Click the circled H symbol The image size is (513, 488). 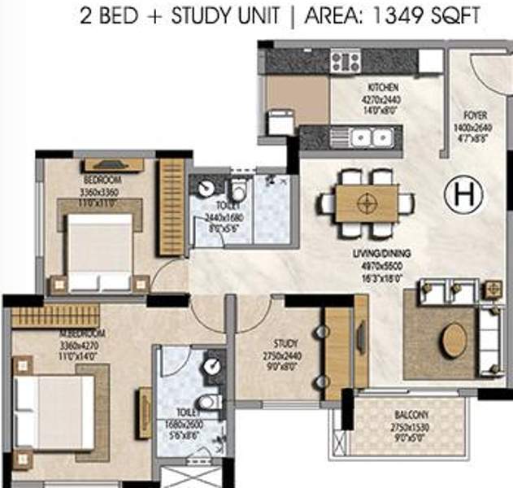[x=463, y=194]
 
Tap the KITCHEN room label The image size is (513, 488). [x=382, y=87]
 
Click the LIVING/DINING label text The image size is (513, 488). [x=381, y=254]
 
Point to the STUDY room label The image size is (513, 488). [x=285, y=343]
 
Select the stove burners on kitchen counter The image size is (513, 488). [x=345, y=61]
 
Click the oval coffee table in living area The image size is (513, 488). [x=454, y=340]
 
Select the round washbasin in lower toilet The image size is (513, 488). [x=212, y=367]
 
